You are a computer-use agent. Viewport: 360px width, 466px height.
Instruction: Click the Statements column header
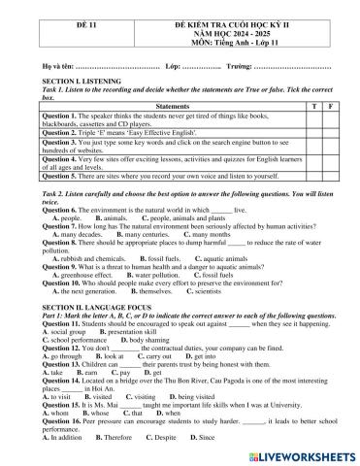(172, 105)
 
